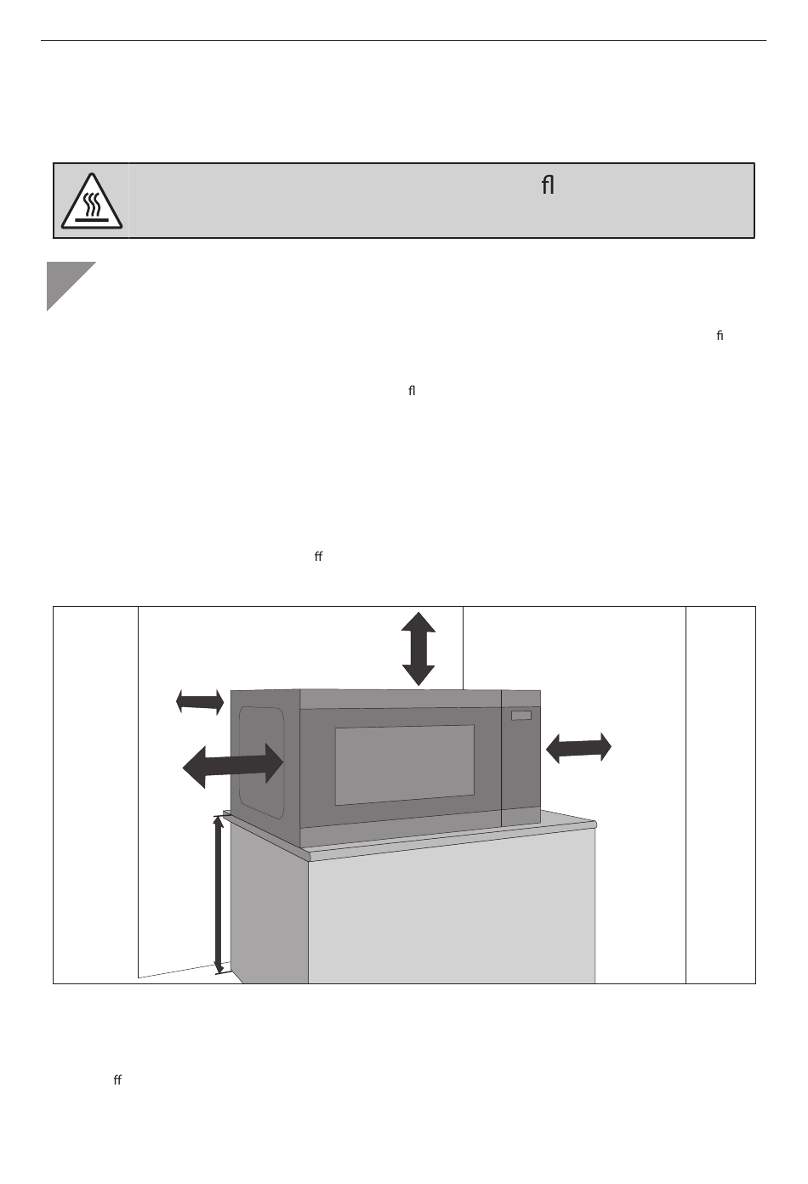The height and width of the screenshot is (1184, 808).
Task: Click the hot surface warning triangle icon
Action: [91, 202]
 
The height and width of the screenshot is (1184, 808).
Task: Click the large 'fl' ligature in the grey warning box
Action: [548, 185]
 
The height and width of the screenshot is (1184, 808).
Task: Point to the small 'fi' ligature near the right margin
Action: [720, 336]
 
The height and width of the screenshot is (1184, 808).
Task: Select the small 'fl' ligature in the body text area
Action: [412, 391]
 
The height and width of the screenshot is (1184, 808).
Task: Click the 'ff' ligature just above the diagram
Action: [318, 557]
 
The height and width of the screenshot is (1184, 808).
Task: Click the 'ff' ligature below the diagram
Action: [117, 1080]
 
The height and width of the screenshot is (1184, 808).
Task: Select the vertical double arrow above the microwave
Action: [418, 649]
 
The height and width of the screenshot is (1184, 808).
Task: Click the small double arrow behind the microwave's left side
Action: [200, 701]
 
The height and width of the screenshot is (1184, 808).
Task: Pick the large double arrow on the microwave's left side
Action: [232, 765]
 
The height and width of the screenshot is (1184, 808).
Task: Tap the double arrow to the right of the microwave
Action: [578, 748]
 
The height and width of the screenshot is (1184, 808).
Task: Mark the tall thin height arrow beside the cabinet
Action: [219, 893]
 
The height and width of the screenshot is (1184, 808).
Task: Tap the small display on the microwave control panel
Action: [521, 716]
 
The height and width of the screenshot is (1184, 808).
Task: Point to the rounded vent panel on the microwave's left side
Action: [260, 762]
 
